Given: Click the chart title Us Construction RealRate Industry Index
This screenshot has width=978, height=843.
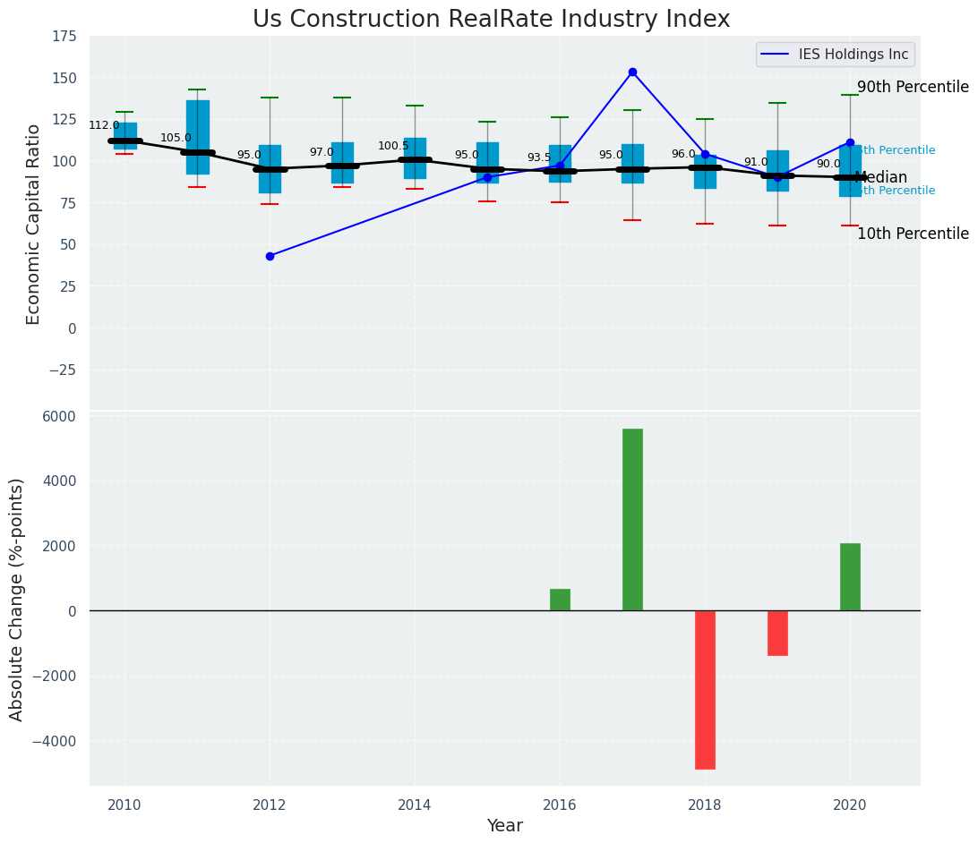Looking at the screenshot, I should [x=491, y=20].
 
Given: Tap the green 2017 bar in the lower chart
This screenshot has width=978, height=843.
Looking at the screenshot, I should [x=632, y=519].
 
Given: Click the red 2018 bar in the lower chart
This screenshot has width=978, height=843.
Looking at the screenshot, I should [x=705, y=689].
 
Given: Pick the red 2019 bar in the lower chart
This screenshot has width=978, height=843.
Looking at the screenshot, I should [x=777, y=633].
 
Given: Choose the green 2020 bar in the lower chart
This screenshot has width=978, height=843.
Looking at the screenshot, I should [x=850, y=576].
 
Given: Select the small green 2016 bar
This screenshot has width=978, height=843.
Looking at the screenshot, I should [x=560, y=600].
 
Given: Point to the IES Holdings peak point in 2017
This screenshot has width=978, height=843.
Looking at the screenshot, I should [x=632, y=72].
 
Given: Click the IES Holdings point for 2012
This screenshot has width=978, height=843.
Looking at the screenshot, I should [x=270, y=256].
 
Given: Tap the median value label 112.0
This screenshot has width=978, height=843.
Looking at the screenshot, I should [x=104, y=125].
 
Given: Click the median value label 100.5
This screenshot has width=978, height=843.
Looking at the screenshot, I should [x=393, y=146].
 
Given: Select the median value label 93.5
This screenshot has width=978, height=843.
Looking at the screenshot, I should [x=539, y=158].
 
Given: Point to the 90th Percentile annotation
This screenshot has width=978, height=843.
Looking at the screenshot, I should [x=913, y=87].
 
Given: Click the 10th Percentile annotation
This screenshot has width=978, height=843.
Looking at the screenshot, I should [x=913, y=234].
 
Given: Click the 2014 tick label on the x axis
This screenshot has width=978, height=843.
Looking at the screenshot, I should [x=415, y=805].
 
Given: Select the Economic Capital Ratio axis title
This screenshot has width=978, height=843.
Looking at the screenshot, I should [x=34, y=224].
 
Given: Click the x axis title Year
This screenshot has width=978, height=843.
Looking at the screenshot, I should [x=504, y=826].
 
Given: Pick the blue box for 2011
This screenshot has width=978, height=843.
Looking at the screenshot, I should [x=198, y=137].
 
